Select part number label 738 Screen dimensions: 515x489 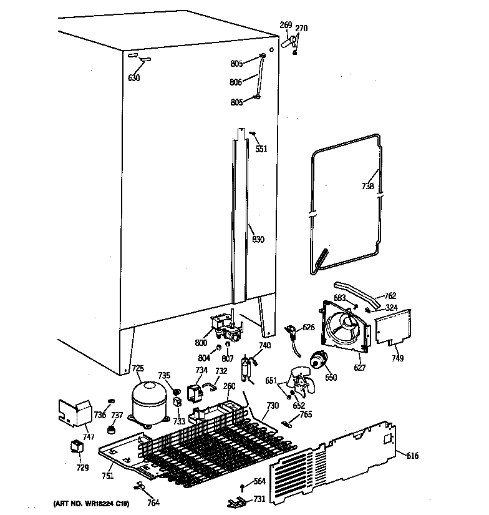367,186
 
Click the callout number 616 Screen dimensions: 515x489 412,456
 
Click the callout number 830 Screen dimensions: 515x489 258,239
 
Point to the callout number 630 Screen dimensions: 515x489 133,78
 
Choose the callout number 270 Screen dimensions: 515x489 301,28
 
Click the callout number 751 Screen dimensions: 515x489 109,476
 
